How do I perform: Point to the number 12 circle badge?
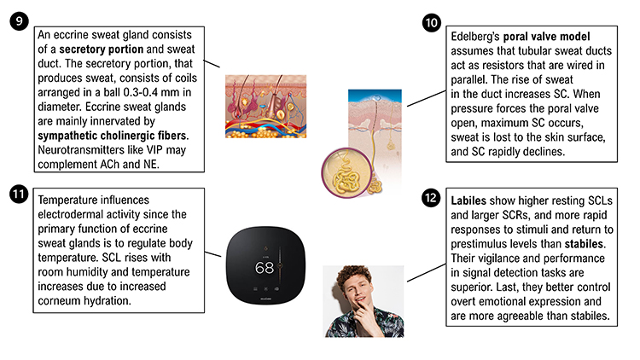(432, 199)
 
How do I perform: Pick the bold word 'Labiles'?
(471, 201)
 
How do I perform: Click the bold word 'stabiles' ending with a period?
(588, 245)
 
